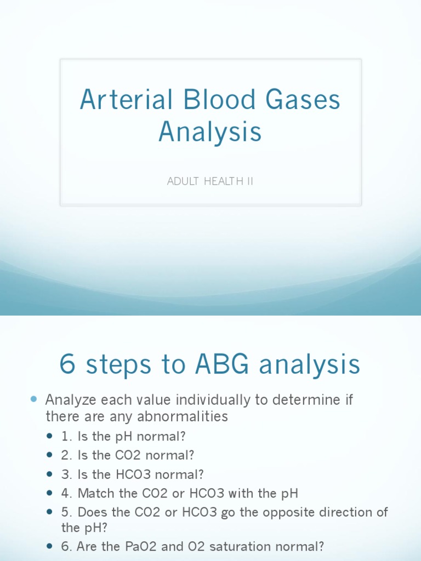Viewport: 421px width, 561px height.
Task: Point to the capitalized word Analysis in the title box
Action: click(210, 133)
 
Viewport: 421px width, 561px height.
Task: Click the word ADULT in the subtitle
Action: click(182, 181)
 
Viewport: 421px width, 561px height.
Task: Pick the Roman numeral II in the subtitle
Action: click(249, 181)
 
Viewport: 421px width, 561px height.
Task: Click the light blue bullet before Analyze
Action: click(34, 400)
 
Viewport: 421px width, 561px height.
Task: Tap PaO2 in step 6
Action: click(131, 546)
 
